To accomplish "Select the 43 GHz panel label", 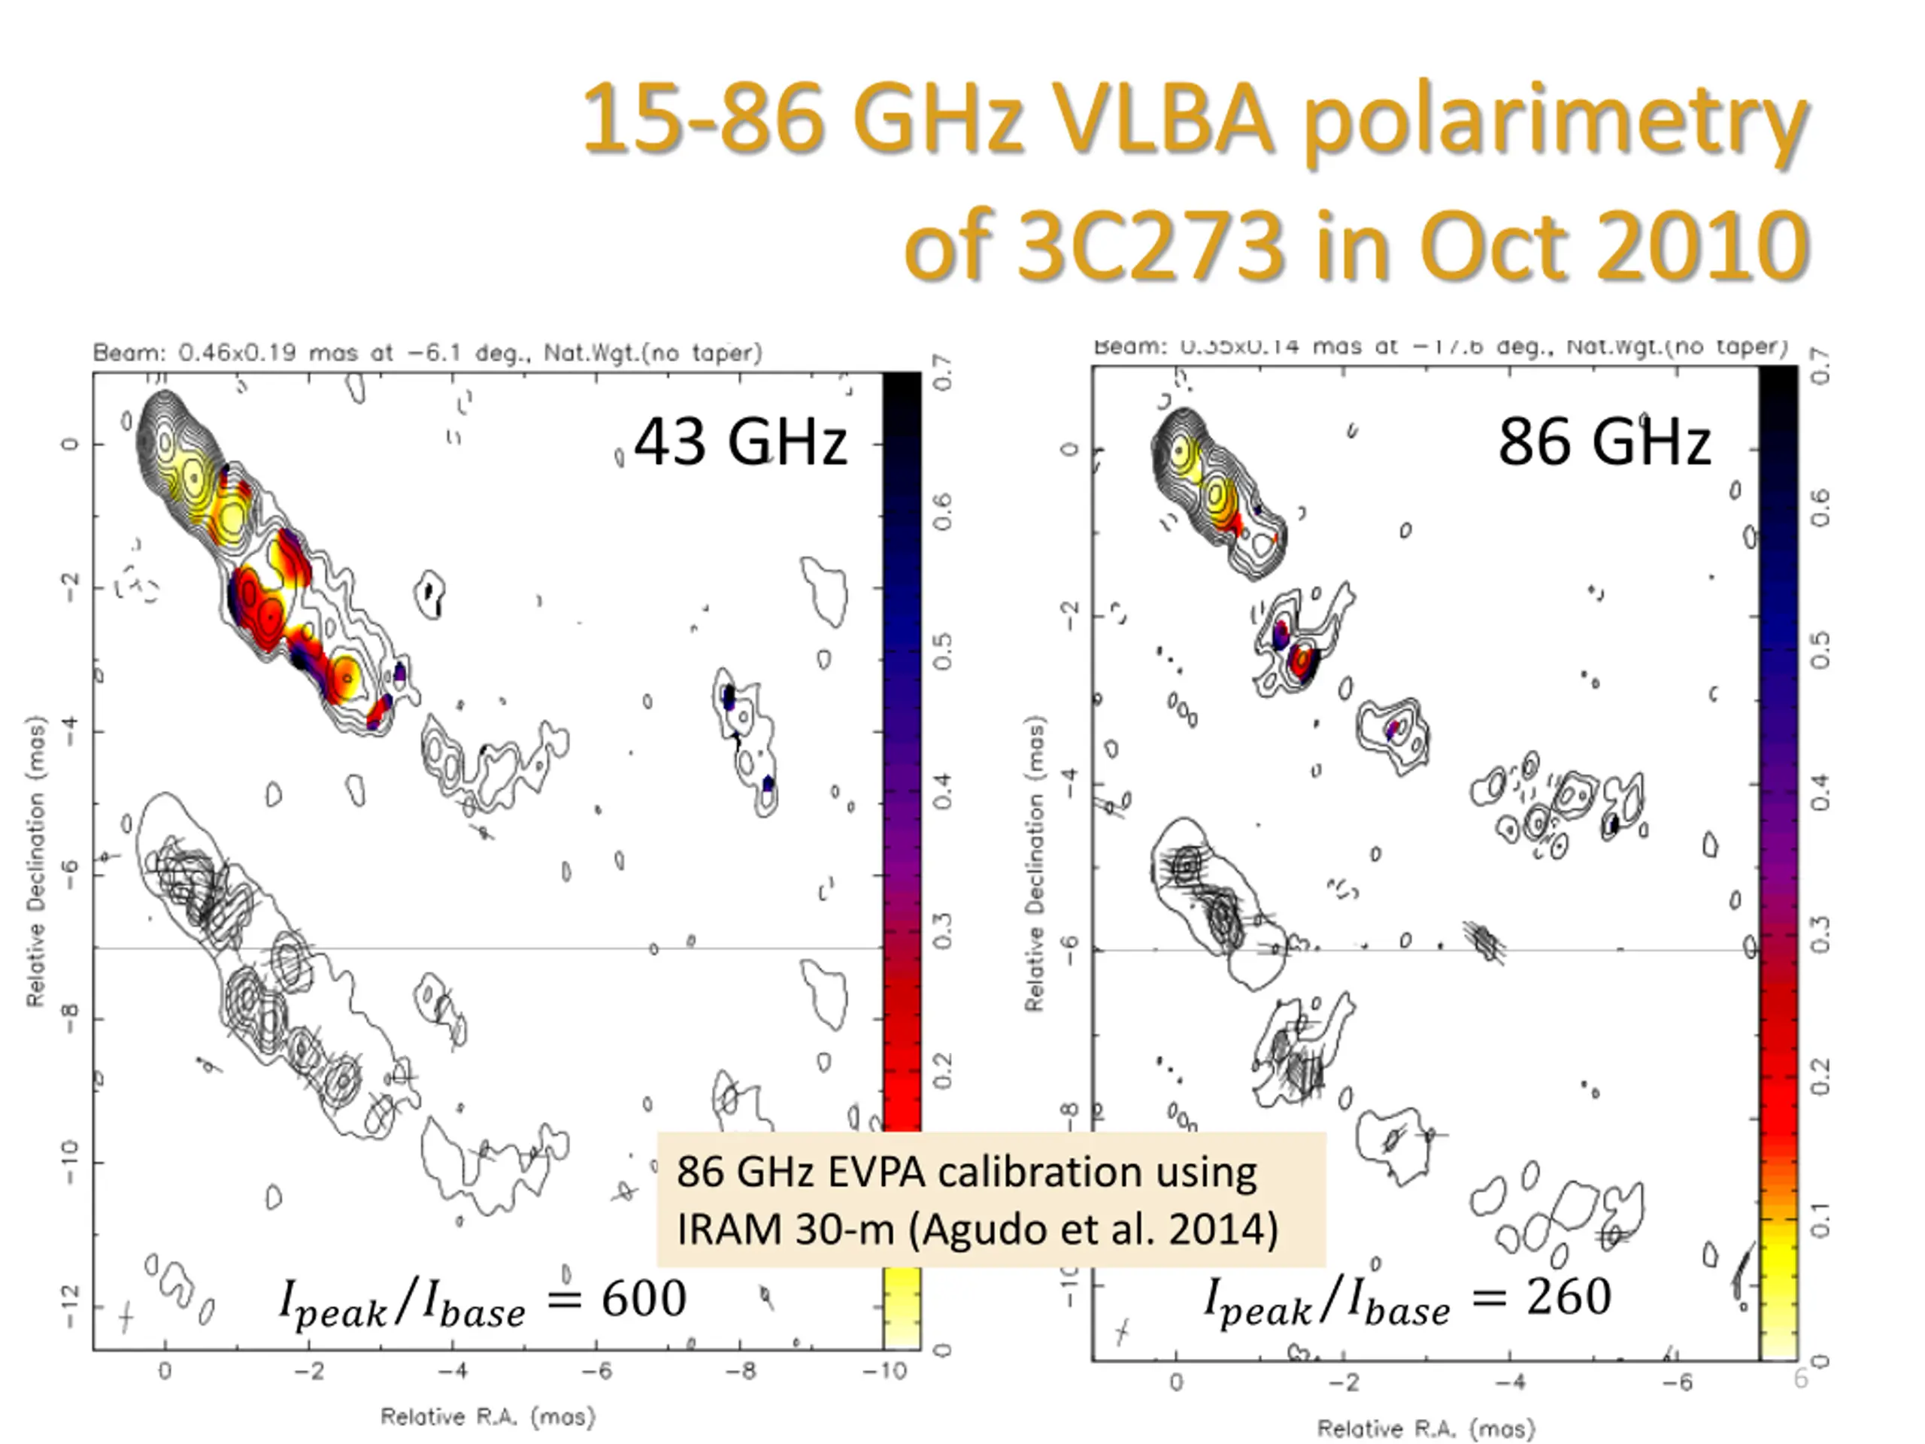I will pyautogui.click(x=740, y=442).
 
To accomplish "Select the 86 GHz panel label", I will pyautogui.click(x=1604, y=442).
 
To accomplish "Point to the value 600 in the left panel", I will pyautogui.click(x=644, y=1299).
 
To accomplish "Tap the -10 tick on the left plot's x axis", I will pyautogui.click(x=885, y=1372).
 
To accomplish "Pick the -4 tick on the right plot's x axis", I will pyautogui.click(x=1511, y=1382).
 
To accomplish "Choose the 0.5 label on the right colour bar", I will pyautogui.click(x=1820, y=651).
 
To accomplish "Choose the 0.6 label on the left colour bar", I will pyautogui.click(x=942, y=512).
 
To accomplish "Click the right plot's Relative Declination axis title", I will pyautogui.click(x=1033, y=865).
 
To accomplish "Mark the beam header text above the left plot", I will pyautogui.click(x=427, y=353).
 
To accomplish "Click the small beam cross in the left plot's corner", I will pyautogui.click(x=126, y=1316).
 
